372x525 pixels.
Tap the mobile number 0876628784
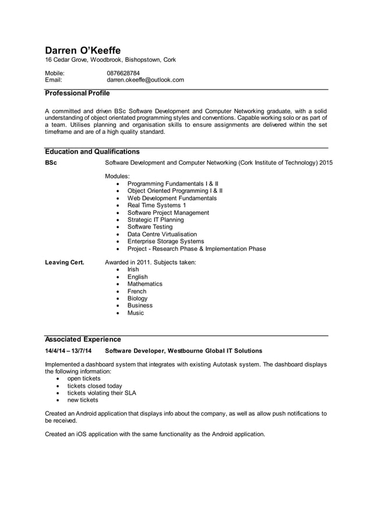click(123, 73)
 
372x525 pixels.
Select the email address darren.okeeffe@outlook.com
click(145, 80)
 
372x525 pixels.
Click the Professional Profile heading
click(77, 93)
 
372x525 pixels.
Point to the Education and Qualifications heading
click(92, 151)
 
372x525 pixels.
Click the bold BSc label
click(51, 162)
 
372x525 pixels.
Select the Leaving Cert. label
click(64, 262)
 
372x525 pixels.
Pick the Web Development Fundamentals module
click(171, 198)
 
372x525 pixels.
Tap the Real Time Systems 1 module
click(156, 205)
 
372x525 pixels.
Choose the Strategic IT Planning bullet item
click(155, 220)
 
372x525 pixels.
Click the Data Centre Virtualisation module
click(162, 234)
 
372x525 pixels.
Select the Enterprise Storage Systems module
click(165, 241)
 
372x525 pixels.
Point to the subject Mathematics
click(145, 284)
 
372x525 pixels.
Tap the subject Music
click(135, 313)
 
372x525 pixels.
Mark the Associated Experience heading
click(83, 339)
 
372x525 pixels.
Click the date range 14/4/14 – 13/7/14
click(68, 351)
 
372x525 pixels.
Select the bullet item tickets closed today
click(94, 385)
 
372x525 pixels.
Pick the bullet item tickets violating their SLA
click(101, 393)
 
